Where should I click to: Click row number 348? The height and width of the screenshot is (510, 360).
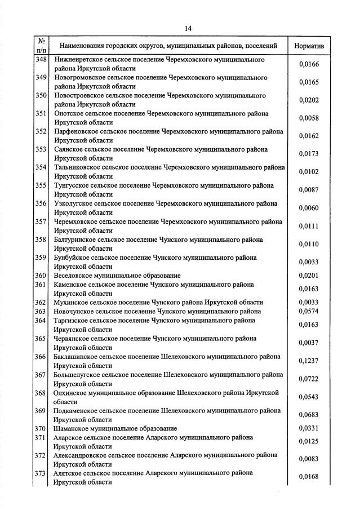pos(41,59)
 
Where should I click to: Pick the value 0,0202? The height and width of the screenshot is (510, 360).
pos(309,100)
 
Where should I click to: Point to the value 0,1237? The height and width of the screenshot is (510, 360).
pos(309,361)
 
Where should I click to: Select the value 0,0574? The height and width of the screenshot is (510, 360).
pos(309,311)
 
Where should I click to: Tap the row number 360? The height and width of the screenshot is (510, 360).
pos(41,276)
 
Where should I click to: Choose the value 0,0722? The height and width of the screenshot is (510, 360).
pos(309,379)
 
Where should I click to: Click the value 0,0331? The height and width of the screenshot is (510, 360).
pos(309,428)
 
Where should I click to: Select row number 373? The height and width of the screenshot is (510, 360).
pos(41,473)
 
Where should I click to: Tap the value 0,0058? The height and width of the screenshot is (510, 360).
pos(309,118)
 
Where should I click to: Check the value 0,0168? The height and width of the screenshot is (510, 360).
pos(309,477)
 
